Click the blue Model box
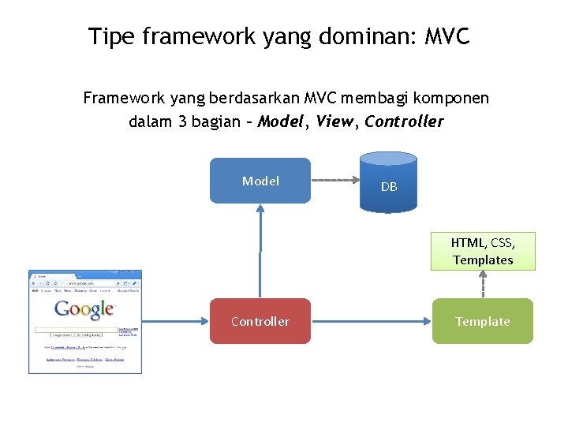coord(260,181)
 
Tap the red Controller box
coord(260,321)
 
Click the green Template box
coord(482,321)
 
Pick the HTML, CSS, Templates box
coord(482,251)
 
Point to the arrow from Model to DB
coord(334,180)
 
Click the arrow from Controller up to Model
coord(260,251)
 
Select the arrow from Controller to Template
coord(371,321)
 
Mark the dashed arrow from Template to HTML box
coord(482,284)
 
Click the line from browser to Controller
coord(175,321)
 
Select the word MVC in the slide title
coord(447,36)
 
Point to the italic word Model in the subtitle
coord(282,122)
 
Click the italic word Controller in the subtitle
coord(404,122)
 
